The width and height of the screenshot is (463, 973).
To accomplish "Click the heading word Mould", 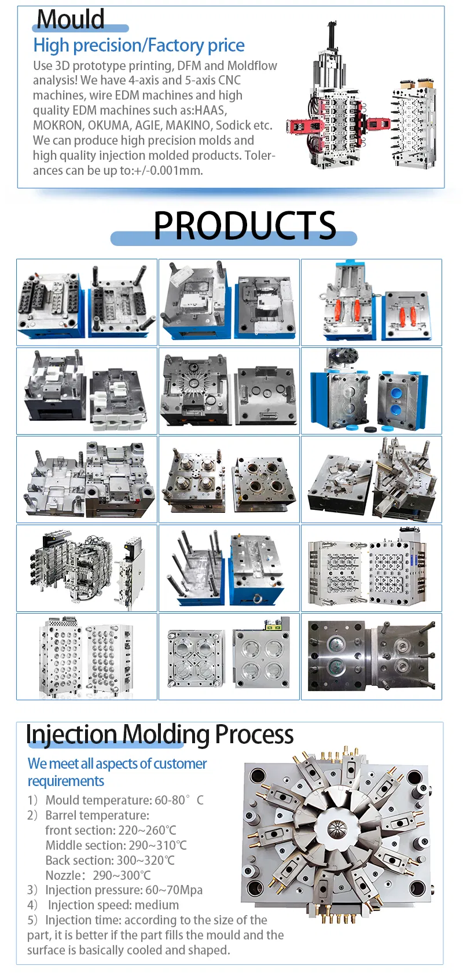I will pos(71,20).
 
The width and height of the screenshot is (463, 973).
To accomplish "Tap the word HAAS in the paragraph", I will pos(211,110).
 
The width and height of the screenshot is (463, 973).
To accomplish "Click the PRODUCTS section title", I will pos(244,225).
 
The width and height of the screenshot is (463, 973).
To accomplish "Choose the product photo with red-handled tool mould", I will pos(372,302).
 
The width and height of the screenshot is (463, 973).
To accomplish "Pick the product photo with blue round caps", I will pos(372,391).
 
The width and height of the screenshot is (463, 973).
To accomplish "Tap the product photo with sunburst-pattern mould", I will pos(229,391).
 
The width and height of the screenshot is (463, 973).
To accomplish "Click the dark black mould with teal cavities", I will pos(372,656).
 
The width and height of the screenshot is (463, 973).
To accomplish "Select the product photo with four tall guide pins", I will pos(229,568).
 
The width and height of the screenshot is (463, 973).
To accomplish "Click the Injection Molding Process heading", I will pos(160,735).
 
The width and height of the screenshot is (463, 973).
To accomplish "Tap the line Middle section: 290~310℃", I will pos(116,845).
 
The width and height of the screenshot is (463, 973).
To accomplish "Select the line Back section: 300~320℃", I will pos(110,860).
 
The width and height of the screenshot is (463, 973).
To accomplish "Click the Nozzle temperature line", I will pos(98,875).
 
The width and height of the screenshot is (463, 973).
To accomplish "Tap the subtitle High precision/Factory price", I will pos(139,45).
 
